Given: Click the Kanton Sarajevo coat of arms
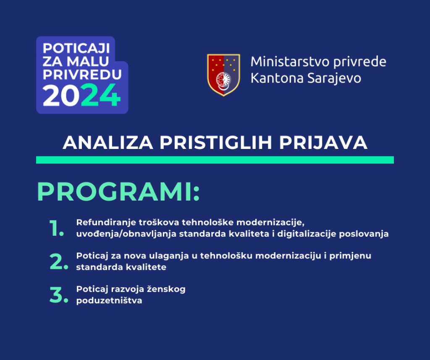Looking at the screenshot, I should tap(223, 75).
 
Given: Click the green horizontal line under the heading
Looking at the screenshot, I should tap(215, 160).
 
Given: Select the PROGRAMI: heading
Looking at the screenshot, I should tap(119, 193).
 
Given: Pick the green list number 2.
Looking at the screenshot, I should tap(58, 261).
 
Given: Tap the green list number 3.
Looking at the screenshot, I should tap(58, 295).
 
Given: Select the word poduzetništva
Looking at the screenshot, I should tap(109, 300).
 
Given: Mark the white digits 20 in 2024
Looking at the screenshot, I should tap(61, 96).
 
